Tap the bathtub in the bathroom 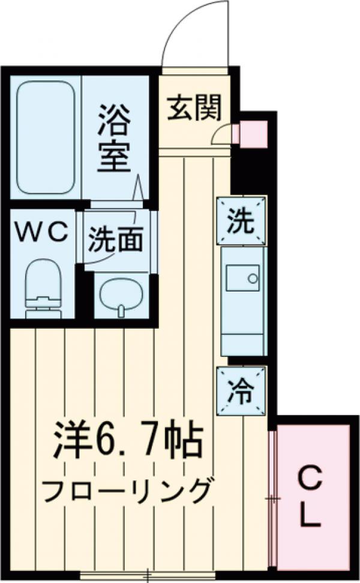46,137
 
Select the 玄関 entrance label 194,108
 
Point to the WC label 42,233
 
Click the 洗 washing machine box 241,221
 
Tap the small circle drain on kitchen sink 253,278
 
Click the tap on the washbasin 121,309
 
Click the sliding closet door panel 272,498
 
